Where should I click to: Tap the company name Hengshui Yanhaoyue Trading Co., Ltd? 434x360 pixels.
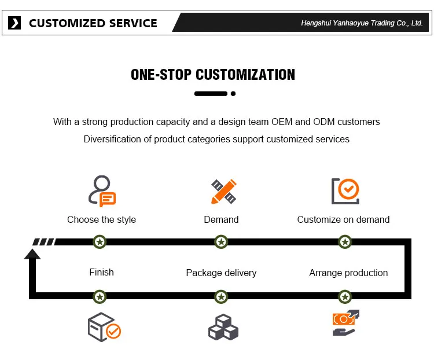[362, 23]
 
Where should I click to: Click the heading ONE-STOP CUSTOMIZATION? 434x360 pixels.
[213, 75]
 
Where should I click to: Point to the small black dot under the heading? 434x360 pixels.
[233, 93]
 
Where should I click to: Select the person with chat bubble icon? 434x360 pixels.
[101, 192]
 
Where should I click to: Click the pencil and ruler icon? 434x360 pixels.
[223, 192]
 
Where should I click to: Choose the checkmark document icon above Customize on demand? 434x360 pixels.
[345, 191]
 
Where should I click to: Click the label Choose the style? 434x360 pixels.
[101, 219]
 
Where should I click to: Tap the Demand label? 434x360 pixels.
[221, 219]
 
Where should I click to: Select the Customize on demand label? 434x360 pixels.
[343, 219]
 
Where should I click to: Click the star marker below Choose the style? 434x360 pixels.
[100, 242]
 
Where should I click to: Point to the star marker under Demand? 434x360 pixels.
[220, 242]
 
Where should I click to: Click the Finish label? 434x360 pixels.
[101, 272]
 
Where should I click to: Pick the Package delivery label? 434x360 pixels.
[221, 273]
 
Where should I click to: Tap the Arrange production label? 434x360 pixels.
[348, 273]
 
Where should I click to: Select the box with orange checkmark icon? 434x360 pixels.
[104, 327]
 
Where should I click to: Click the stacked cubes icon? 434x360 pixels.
[223, 328]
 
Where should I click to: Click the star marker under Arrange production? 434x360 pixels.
[345, 297]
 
